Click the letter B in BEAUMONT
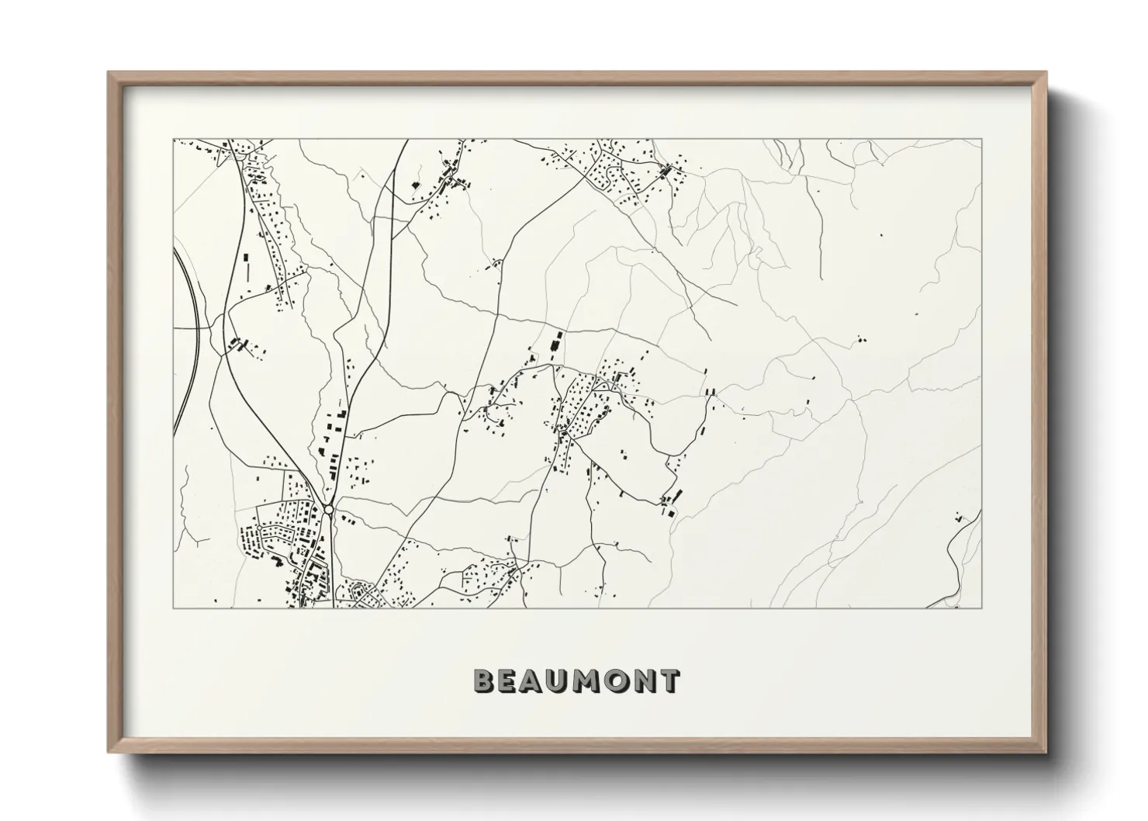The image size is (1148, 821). pyautogui.click(x=483, y=682)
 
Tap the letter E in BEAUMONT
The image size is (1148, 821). pyautogui.click(x=508, y=682)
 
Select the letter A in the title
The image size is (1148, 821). pyautogui.click(x=534, y=682)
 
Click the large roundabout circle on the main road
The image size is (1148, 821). pyautogui.click(x=329, y=510)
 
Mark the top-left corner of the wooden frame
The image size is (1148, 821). pyautogui.click(x=109, y=73)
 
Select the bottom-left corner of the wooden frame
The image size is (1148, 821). pyautogui.click(x=109, y=752)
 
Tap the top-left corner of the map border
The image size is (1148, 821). pyautogui.click(x=173, y=140)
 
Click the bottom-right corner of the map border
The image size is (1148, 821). pyautogui.click(x=982, y=608)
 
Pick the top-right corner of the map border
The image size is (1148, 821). pyautogui.click(x=982, y=140)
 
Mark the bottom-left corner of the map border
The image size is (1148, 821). pyautogui.click(x=173, y=608)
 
